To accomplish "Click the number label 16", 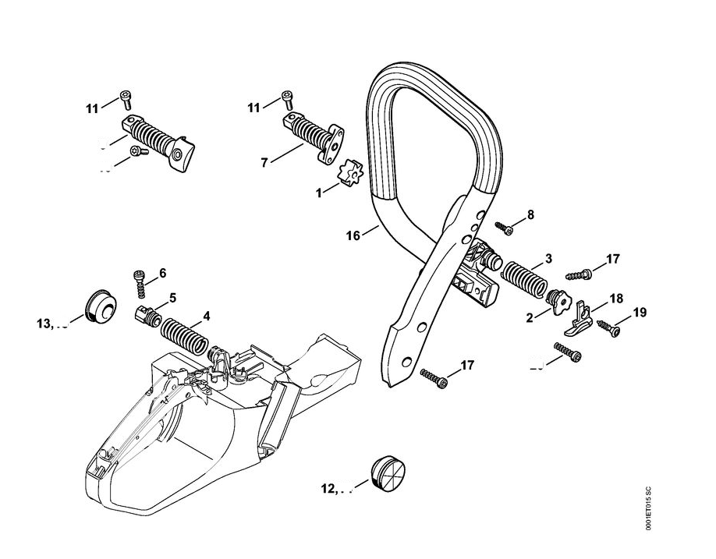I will coord(353,235).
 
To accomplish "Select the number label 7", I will coord(264,162).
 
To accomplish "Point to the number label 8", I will coord(530,214).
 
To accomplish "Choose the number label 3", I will coord(548,258).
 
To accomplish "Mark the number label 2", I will coord(531,317).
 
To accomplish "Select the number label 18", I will coord(616,299).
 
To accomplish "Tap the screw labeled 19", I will coord(609,331).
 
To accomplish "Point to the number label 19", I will coord(640,313).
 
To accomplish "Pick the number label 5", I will coord(172,297).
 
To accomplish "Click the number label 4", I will coord(206,316).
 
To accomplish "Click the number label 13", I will coord(44,324).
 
